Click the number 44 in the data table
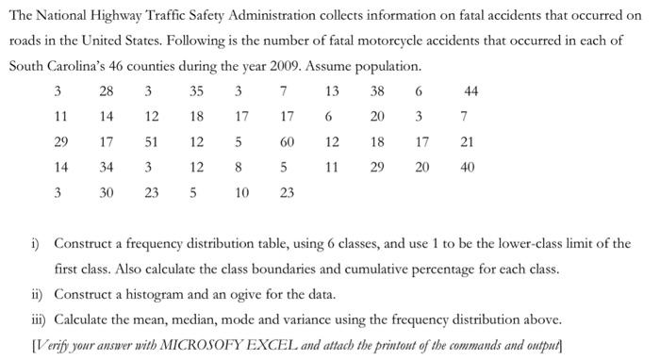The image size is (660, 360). coord(471,92)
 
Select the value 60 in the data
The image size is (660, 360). coord(288,143)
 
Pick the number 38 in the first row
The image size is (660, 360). coord(377,92)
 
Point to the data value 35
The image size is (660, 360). coord(196,92)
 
